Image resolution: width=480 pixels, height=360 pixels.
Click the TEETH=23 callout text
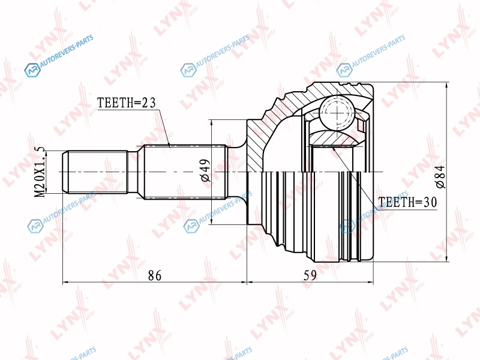point(127,103)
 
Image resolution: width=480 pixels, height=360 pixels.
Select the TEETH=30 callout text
point(408,202)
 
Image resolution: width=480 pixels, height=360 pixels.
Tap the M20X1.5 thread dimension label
point(40,172)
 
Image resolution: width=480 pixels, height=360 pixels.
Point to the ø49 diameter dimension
point(206,170)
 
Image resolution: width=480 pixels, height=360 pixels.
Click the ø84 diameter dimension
point(441,176)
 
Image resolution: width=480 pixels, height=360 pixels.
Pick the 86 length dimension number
point(155,275)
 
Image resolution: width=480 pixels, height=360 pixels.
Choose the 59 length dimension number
point(310,275)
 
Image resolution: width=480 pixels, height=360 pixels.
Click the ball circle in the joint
point(337,113)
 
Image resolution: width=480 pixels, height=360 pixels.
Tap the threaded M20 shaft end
point(95,172)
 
